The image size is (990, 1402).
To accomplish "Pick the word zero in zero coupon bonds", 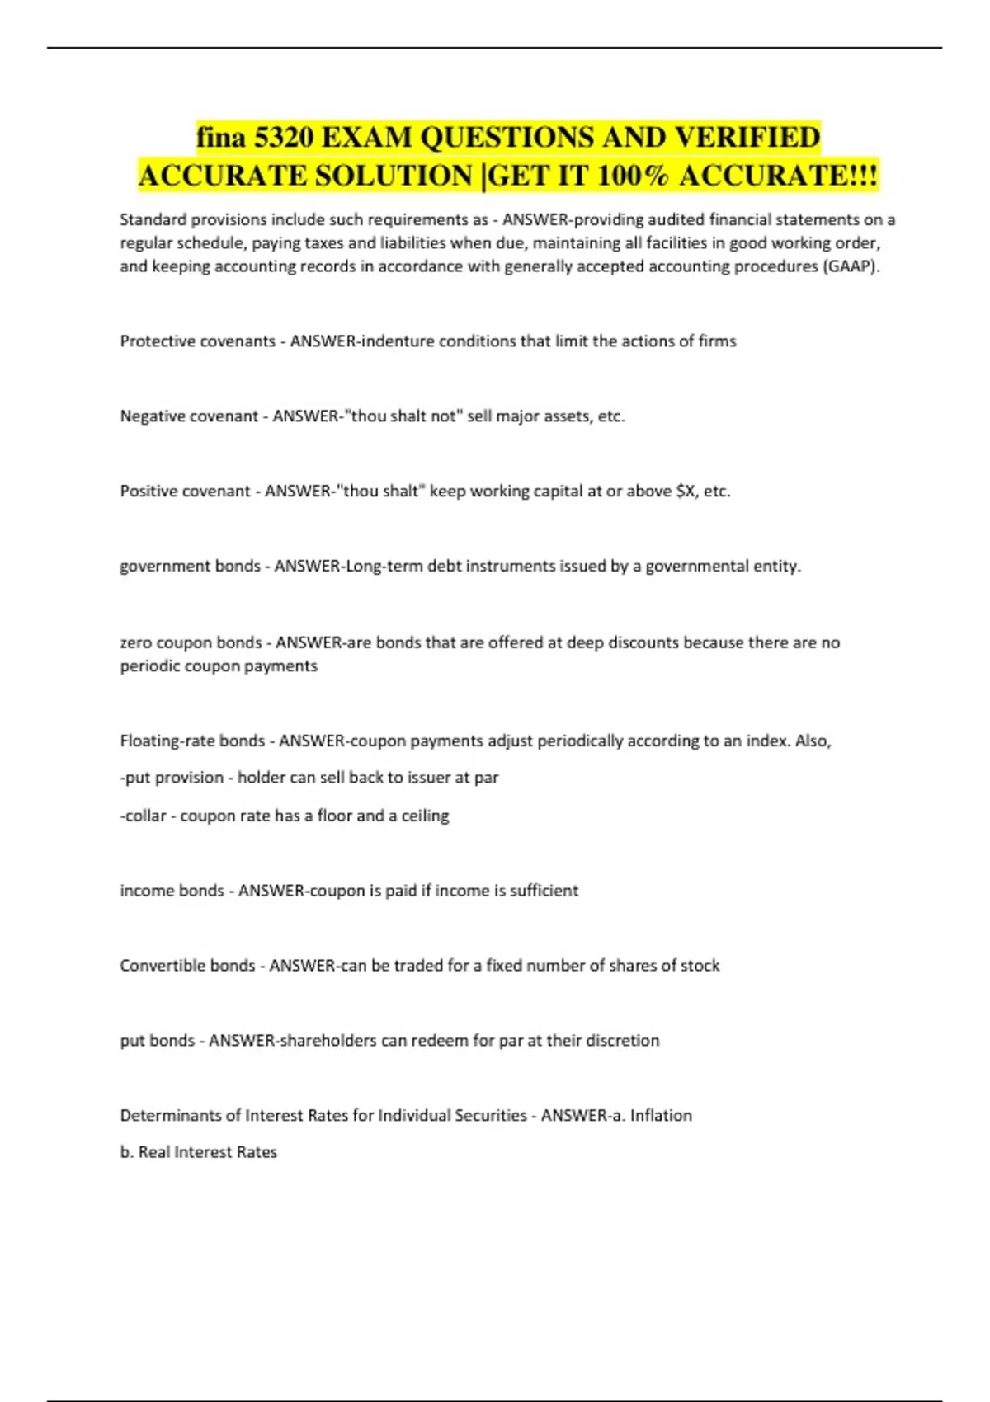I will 136,642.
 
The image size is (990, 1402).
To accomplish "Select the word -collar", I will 144,816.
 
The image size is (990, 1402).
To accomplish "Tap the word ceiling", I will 426,816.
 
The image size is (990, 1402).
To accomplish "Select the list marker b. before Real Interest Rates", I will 127,1152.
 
